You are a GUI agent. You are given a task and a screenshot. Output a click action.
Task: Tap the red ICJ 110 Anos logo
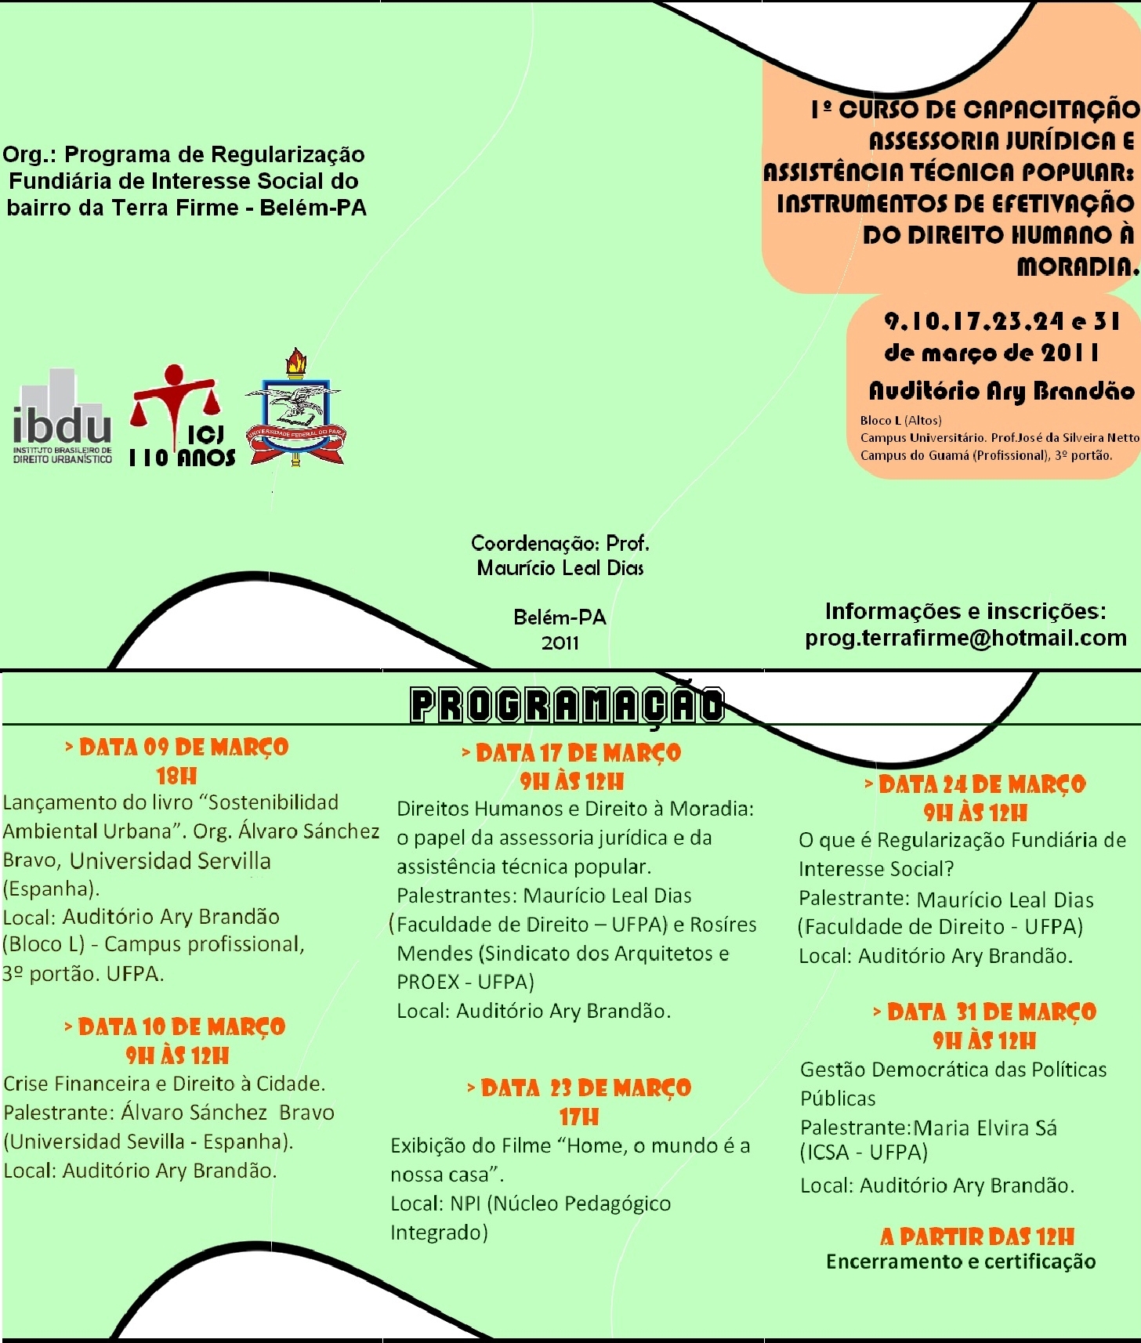[x=182, y=417]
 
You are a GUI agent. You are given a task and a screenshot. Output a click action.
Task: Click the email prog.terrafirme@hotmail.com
[x=965, y=638]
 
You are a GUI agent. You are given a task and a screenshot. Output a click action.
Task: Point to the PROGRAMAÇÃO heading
[x=567, y=704]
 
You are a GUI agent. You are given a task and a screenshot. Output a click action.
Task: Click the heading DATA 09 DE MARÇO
[x=177, y=747]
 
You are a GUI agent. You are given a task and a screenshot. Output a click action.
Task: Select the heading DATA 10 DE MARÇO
[x=176, y=1026]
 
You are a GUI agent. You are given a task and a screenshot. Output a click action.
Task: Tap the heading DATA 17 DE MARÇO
[x=572, y=753]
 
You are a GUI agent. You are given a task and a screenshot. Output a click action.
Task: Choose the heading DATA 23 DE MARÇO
[x=579, y=1088]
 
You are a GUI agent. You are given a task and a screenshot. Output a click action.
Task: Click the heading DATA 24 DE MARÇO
[x=976, y=784]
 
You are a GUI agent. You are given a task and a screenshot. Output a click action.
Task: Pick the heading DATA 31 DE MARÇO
[x=985, y=1012]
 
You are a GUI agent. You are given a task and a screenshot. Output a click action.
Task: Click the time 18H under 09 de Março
[x=176, y=776]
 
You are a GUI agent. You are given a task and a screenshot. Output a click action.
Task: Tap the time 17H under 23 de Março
[x=579, y=1117]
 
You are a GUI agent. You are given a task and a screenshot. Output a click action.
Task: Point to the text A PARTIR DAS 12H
[x=977, y=1236]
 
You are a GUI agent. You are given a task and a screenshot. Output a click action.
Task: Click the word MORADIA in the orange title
[x=1077, y=267]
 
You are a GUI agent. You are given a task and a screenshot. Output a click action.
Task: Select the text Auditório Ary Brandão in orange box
[x=1002, y=390]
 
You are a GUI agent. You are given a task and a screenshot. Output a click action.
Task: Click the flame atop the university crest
[x=295, y=361]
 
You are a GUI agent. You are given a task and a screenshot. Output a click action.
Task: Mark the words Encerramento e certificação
[x=961, y=1262]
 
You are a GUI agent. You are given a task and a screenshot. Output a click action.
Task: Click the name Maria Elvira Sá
[x=985, y=1128]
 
